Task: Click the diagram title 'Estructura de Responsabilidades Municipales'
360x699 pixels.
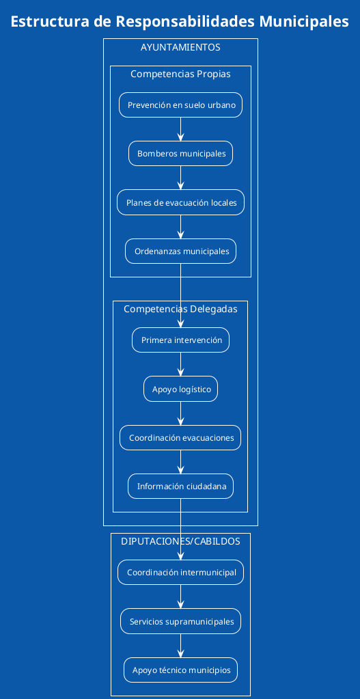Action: pyautogui.click(x=180, y=22)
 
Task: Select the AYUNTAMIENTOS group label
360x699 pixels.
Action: pyautogui.click(x=180, y=48)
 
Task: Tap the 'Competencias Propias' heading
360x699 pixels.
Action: pyautogui.click(x=180, y=74)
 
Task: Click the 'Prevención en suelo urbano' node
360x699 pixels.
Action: pyautogui.click(x=180, y=105)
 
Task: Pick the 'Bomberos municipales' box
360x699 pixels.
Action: pyautogui.click(x=180, y=154)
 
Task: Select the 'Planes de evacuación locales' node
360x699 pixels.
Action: pyautogui.click(x=180, y=202)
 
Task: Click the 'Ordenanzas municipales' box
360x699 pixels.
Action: pyautogui.click(x=180, y=251)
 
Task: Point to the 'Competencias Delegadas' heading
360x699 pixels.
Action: pyautogui.click(x=180, y=309)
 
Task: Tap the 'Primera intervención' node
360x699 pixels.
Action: pyautogui.click(x=180, y=340)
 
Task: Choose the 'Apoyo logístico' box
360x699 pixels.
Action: pyautogui.click(x=180, y=389)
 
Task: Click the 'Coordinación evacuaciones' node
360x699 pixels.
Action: pyautogui.click(x=180, y=437)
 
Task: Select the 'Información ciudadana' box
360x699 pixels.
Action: pyautogui.click(x=180, y=486)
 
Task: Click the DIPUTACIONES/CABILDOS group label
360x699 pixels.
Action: pyautogui.click(x=180, y=541)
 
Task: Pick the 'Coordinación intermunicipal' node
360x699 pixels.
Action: pyautogui.click(x=180, y=573)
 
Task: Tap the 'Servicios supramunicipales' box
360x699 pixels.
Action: pyautogui.click(x=180, y=621)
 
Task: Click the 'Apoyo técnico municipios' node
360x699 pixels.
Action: pyautogui.click(x=180, y=670)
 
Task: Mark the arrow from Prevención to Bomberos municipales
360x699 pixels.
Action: pyautogui.click(x=180, y=130)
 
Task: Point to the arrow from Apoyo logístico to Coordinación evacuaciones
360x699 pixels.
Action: pyautogui.click(x=180, y=413)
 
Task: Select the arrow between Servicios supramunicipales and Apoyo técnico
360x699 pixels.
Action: pyautogui.click(x=180, y=646)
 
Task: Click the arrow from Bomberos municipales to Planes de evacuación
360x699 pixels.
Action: pyautogui.click(x=180, y=178)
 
